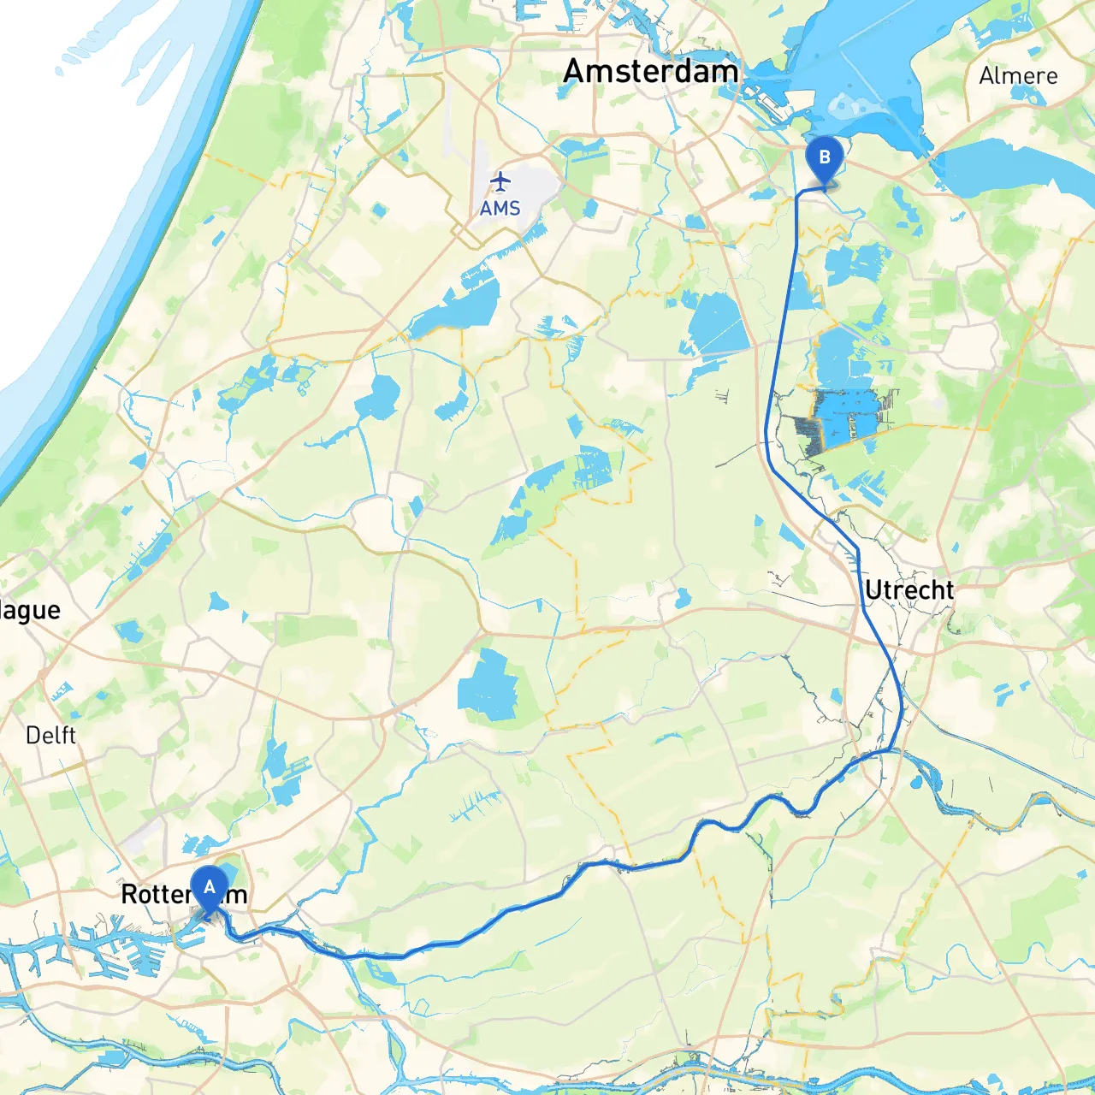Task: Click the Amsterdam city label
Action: click(x=650, y=72)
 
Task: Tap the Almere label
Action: click(x=1018, y=76)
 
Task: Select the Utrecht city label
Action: click(x=909, y=590)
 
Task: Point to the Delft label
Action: click(x=50, y=736)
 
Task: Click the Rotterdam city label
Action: click(x=184, y=895)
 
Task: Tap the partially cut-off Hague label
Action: click(x=30, y=611)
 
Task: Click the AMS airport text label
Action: click(x=500, y=209)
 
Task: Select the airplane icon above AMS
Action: click(x=500, y=181)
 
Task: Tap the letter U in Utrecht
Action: click(x=873, y=590)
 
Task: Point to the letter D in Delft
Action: click(x=33, y=736)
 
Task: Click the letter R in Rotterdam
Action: click(x=129, y=895)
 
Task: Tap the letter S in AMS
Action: click(x=513, y=209)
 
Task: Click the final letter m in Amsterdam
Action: click(x=725, y=72)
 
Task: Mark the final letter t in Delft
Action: click(x=72, y=736)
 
